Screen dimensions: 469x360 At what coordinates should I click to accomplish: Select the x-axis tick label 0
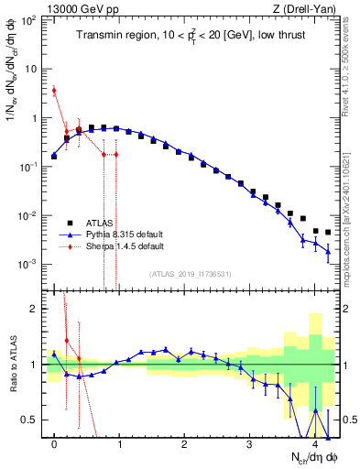coord(55,445)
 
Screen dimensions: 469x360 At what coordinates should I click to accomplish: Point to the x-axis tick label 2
coord(185,445)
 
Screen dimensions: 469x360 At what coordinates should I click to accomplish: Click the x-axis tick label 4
coord(315,445)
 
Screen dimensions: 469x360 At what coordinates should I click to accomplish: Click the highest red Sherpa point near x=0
coord(54,90)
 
